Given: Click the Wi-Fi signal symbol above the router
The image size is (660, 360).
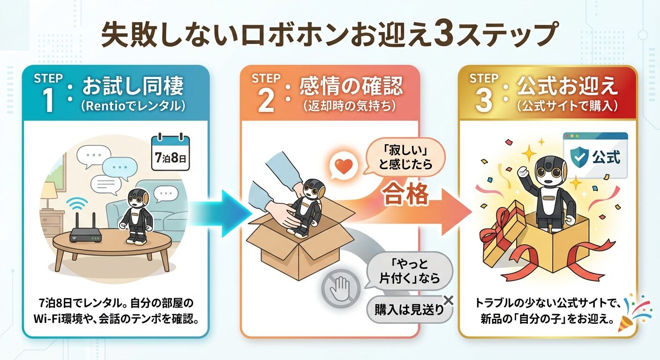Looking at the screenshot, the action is [x=77, y=203].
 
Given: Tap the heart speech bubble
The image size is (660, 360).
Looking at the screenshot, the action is [x=344, y=167].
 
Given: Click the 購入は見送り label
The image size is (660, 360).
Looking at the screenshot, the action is [x=409, y=310].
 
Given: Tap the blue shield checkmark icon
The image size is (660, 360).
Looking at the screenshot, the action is [x=579, y=157].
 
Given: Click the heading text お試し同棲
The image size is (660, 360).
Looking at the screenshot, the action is [x=133, y=86].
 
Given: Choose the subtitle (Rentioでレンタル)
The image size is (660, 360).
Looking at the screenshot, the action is [x=133, y=106].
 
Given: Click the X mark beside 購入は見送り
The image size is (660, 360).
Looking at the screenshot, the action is [x=448, y=300].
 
